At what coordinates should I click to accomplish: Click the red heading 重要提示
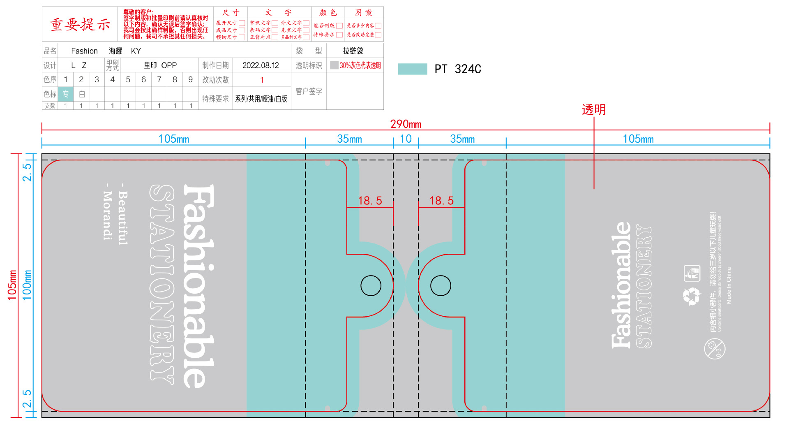point(80,24)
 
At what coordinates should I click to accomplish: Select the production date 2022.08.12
point(261,65)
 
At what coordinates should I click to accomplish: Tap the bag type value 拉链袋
point(353,51)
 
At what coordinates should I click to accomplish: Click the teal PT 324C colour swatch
point(412,69)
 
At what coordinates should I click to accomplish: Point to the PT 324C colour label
point(458,69)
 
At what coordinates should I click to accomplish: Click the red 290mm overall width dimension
point(406,124)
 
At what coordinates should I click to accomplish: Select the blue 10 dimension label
point(406,139)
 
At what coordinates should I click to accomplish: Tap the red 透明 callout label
point(594,109)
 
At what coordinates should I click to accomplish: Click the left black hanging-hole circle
point(371,285)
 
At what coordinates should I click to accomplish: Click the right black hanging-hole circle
point(441,285)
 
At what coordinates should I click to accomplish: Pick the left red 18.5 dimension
point(370,201)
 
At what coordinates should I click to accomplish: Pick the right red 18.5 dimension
point(441,201)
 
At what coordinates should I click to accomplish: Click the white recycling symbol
point(691,296)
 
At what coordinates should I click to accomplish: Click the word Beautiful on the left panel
point(123,218)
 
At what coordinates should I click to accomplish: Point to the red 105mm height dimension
point(12,285)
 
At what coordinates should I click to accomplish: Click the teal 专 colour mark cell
point(66,94)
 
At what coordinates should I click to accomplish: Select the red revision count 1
point(262,80)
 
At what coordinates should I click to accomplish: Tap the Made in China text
point(729,285)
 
